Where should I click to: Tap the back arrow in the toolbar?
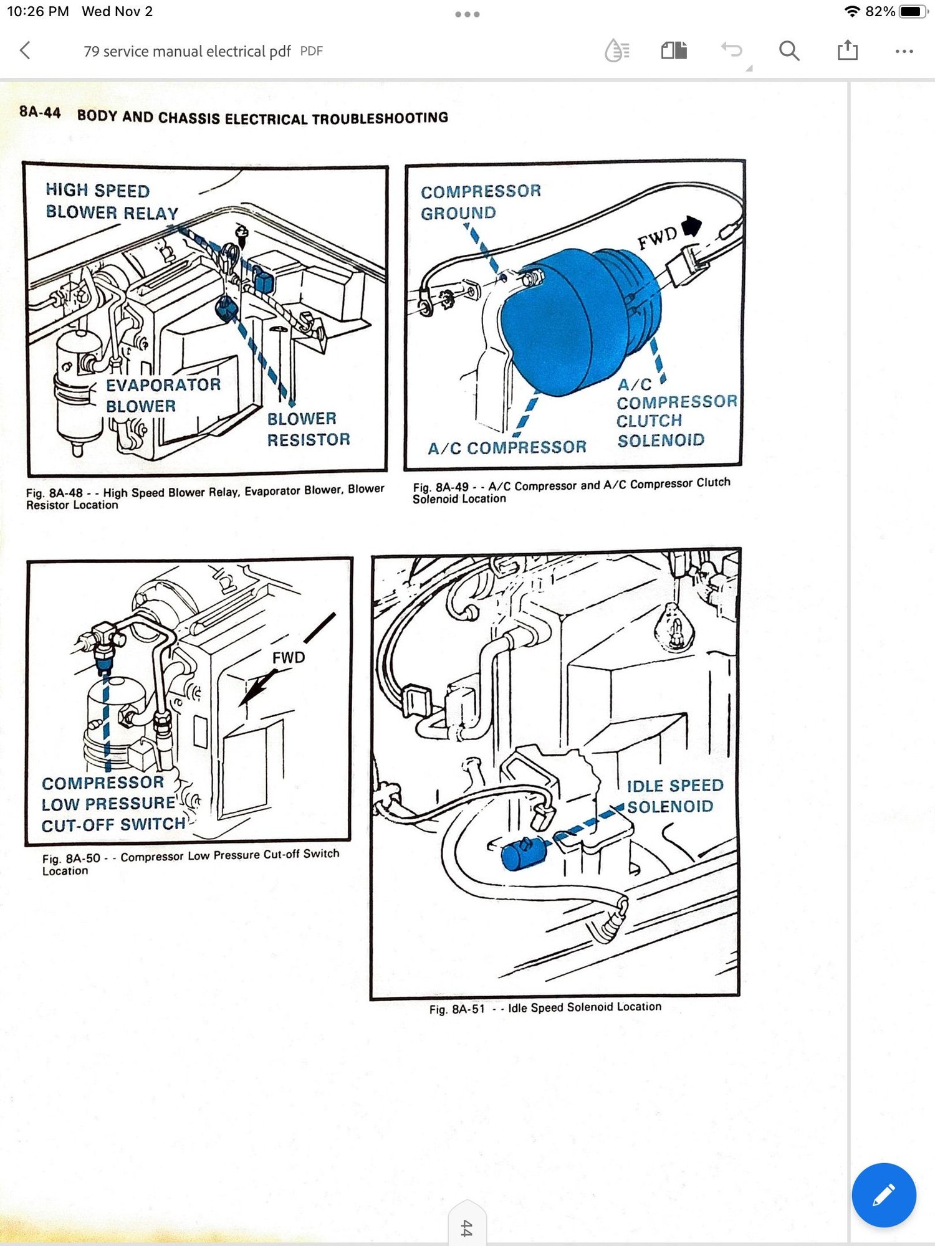click(x=26, y=50)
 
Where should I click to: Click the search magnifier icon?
click(x=789, y=50)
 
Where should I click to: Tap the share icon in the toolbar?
click(x=847, y=50)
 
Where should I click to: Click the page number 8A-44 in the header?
click(x=40, y=113)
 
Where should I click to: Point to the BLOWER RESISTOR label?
click(x=308, y=429)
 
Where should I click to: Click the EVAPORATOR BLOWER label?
click(x=162, y=395)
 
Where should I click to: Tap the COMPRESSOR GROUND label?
click(x=480, y=202)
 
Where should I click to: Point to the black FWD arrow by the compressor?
click(x=691, y=226)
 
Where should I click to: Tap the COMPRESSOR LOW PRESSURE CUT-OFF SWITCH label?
click(x=112, y=804)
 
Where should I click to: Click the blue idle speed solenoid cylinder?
click(x=522, y=854)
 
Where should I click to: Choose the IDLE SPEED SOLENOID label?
click(x=674, y=796)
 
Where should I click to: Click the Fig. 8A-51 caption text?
click(x=545, y=1007)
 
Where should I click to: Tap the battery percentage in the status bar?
click(x=880, y=11)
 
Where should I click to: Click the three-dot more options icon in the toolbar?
click(x=904, y=51)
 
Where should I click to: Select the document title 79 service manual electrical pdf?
click(x=187, y=51)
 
